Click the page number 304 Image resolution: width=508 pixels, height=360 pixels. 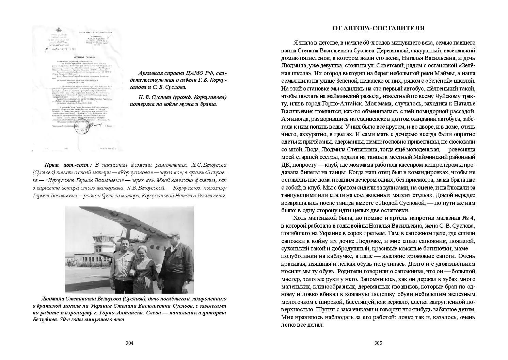[x=129, y=343]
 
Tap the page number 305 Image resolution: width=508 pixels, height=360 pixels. [x=378, y=343]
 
